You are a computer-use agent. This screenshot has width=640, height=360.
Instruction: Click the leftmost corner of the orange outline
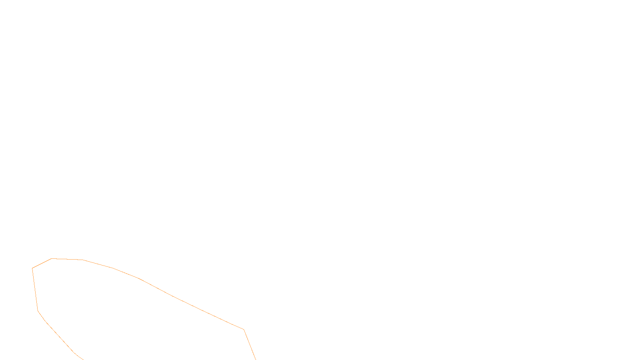[x=32, y=268]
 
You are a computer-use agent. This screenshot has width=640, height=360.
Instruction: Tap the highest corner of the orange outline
[x=52, y=259]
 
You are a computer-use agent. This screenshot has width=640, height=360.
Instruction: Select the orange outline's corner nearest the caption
[x=244, y=330]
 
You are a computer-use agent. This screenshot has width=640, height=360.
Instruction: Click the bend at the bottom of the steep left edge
[x=38, y=310]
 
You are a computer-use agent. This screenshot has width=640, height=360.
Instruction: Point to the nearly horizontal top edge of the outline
[x=67, y=259]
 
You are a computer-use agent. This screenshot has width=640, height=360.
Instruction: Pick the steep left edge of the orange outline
[x=35, y=290]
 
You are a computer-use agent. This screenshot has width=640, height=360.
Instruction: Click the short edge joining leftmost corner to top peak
[x=42, y=264]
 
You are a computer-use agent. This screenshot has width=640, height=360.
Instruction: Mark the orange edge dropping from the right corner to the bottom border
[x=250, y=345]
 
